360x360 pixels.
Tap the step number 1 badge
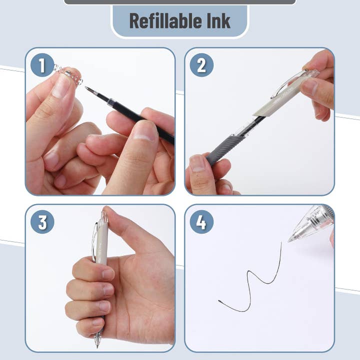pyautogui.click(x=42, y=65)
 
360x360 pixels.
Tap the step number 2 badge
pyautogui.click(x=201, y=65)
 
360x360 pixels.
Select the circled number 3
pyautogui.click(x=42, y=221)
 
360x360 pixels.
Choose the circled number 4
pyautogui.click(x=201, y=221)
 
